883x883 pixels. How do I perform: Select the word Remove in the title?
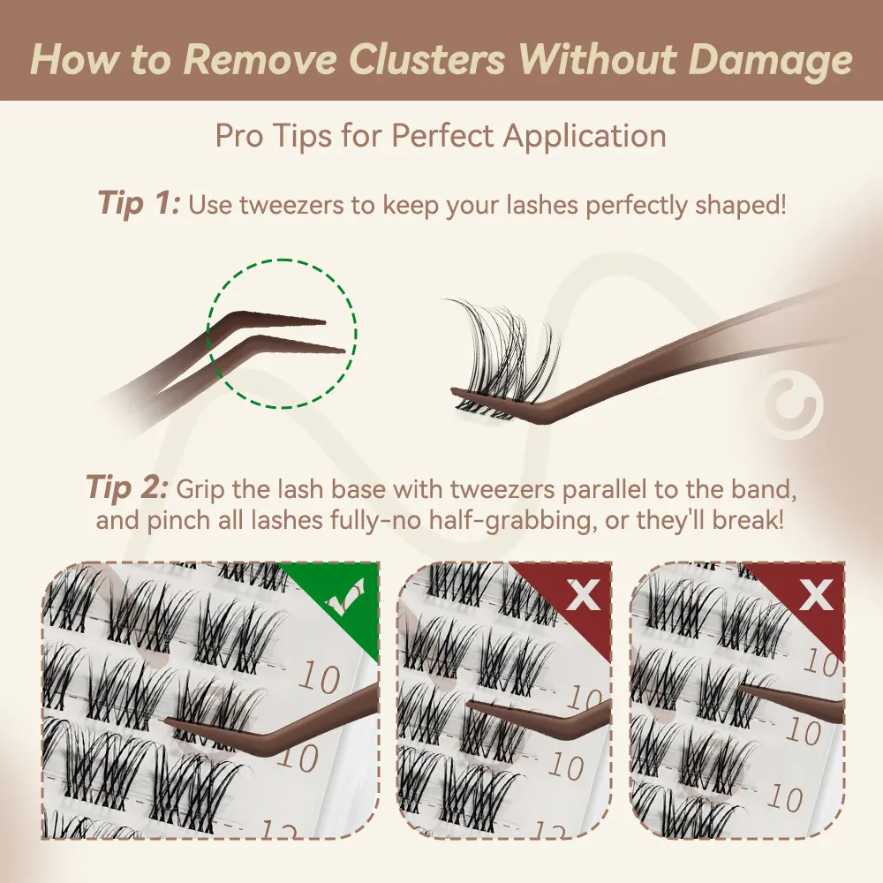pyautogui.click(x=260, y=58)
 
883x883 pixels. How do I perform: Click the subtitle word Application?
pyautogui.click(x=585, y=137)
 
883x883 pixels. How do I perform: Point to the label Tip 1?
pyautogui.click(x=140, y=203)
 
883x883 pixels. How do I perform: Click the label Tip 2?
pyautogui.click(x=126, y=487)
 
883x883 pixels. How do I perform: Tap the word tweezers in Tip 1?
pyautogui.click(x=291, y=206)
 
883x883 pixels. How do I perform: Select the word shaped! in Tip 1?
pyautogui.click(x=741, y=206)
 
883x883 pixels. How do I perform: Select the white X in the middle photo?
pyautogui.click(x=583, y=594)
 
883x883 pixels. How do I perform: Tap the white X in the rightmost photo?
pyautogui.click(x=816, y=594)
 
